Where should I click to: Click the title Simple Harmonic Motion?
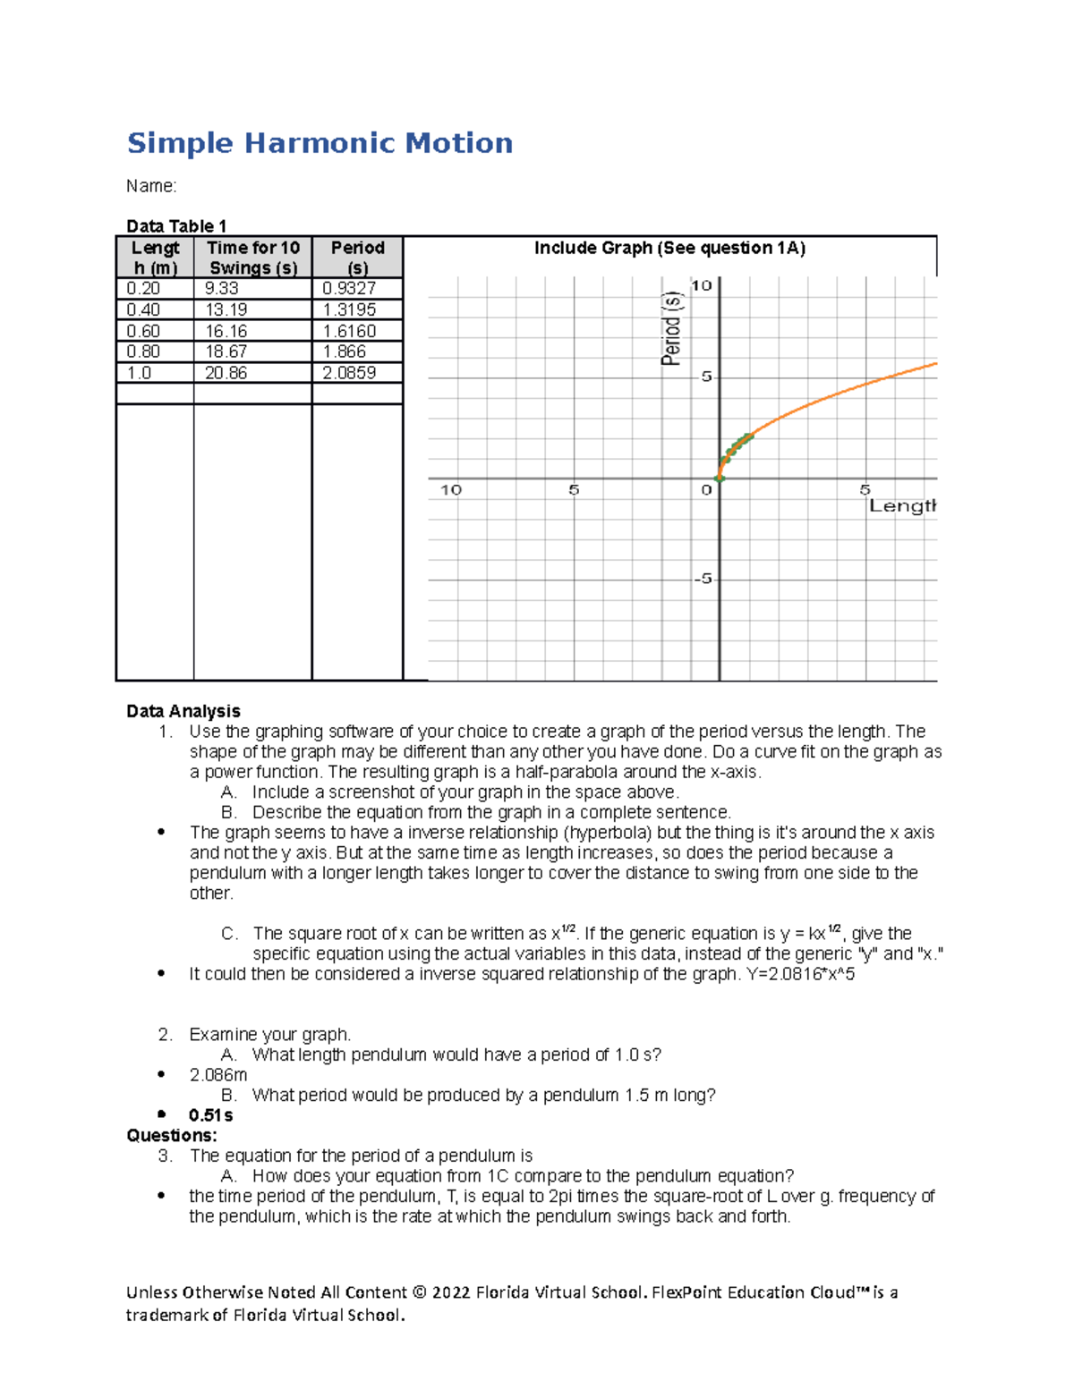click(320, 143)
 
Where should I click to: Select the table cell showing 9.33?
click(221, 288)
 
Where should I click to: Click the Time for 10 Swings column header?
click(252, 258)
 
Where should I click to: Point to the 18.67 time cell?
click(226, 351)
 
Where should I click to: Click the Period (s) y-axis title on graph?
click(671, 328)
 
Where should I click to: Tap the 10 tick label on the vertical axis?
click(701, 285)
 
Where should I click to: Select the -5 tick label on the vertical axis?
click(703, 579)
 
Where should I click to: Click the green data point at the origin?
click(720, 479)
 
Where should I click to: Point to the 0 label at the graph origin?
click(706, 490)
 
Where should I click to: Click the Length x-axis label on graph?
click(901, 506)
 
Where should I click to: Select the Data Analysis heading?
click(183, 711)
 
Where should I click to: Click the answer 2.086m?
click(217, 1075)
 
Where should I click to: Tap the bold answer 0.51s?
click(210, 1115)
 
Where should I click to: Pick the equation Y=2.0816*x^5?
click(800, 974)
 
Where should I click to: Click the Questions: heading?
click(172, 1136)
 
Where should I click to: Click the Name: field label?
click(151, 186)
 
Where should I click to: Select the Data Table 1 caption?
click(176, 226)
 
